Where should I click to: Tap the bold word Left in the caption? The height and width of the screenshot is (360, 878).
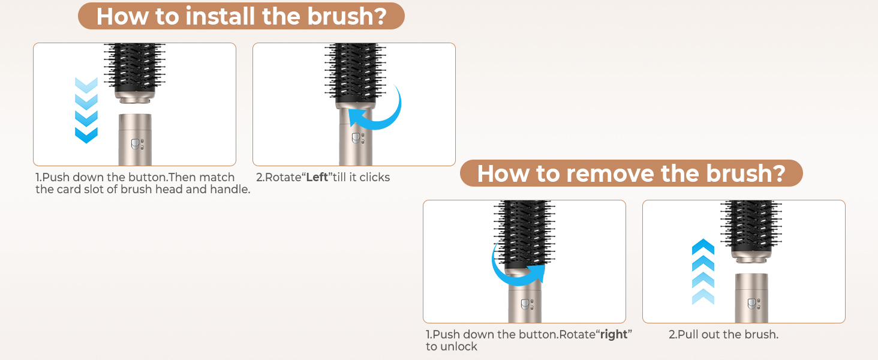point(317,177)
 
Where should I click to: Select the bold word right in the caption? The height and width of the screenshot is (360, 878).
point(614,335)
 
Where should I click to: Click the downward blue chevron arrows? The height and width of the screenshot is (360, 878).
point(86,110)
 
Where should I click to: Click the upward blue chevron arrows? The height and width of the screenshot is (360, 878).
point(703,272)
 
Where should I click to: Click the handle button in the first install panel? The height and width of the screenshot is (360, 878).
point(135,144)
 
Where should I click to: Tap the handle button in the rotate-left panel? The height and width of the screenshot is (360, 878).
point(356,138)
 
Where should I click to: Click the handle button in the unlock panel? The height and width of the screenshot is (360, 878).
point(525,304)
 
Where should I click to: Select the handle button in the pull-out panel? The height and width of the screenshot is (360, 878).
point(752,304)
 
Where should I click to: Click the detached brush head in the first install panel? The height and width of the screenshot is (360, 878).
point(134,73)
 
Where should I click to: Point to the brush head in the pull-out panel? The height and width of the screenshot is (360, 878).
point(751,232)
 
